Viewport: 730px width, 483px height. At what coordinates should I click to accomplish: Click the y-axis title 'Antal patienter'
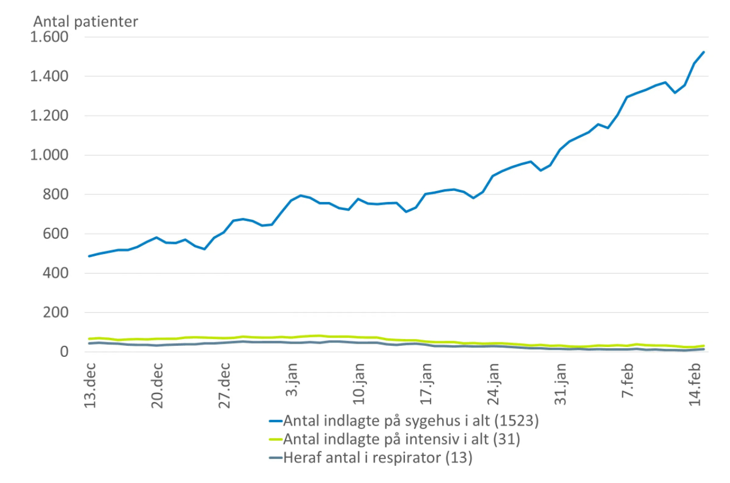pyautogui.click(x=85, y=22)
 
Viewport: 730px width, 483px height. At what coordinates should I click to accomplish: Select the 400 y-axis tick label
pyautogui.click(x=56, y=274)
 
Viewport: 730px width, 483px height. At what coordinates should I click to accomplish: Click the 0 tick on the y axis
pyautogui.click(x=64, y=352)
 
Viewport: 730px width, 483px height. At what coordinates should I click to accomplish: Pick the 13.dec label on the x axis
pyautogui.click(x=91, y=385)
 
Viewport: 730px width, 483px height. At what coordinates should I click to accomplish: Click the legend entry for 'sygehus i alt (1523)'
pyautogui.click(x=411, y=421)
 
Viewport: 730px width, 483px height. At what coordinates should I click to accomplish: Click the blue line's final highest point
pyautogui.click(x=704, y=52)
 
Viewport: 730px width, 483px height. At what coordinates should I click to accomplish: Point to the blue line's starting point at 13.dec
pyautogui.click(x=89, y=256)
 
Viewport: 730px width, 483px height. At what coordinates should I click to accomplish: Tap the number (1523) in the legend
pyautogui.click(x=516, y=421)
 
